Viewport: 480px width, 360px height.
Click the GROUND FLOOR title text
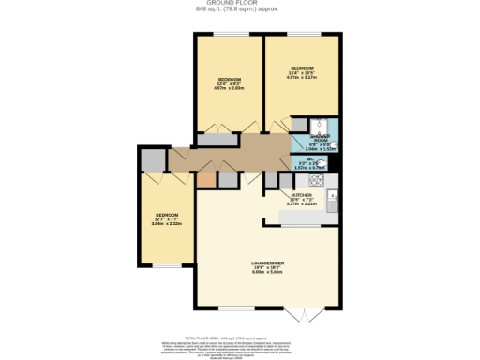240,4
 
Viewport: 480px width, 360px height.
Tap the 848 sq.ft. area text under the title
240,10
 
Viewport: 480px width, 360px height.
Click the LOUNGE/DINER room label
267,262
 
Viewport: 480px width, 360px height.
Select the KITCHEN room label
302,194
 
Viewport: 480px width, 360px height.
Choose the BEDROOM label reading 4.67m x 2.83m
231,79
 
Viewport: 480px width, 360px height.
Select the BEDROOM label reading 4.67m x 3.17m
302,69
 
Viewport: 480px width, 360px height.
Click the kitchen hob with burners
317,180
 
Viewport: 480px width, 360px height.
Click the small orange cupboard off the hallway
205,180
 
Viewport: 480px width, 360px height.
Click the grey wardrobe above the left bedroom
153,160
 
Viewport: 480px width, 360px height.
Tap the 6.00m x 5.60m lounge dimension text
267,273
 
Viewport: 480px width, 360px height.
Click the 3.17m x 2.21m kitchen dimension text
302,203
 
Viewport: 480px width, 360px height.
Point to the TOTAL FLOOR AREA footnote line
240,334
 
